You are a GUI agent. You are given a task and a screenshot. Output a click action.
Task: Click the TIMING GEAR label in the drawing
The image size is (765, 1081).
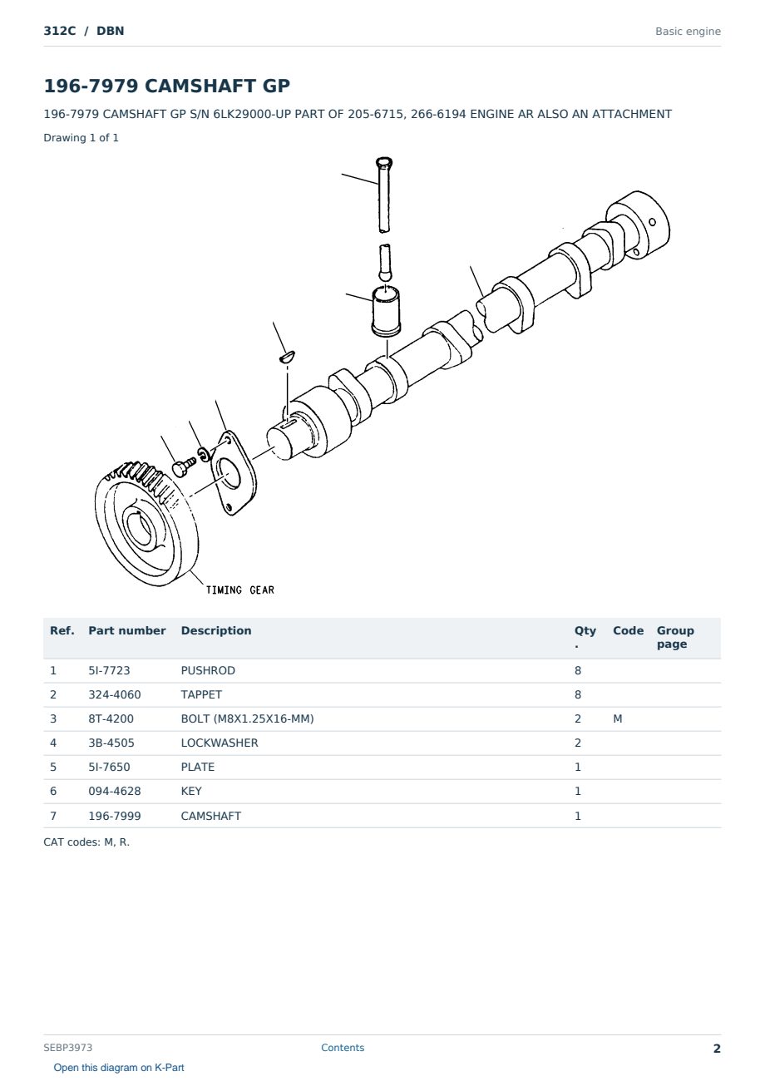click(x=239, y=590)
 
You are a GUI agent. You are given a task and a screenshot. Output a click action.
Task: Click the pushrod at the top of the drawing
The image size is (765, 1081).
click(x=383, y=195)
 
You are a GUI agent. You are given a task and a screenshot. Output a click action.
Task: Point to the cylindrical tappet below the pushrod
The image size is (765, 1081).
click(x=386, y=311)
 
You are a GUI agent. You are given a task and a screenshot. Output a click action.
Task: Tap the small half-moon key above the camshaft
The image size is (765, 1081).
click(x=287, y=357)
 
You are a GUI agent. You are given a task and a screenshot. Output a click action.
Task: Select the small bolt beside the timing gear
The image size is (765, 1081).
click(x=184, y=466)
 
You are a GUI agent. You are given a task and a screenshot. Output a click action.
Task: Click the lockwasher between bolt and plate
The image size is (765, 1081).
click(x=205, y=454)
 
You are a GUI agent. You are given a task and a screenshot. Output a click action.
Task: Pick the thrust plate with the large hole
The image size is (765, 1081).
click(x=234, y=473)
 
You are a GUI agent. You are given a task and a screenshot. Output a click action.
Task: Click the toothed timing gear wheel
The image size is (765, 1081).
click(x=146, y=524)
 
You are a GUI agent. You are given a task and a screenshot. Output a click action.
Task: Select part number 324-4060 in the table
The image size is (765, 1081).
click(x=115, y=694)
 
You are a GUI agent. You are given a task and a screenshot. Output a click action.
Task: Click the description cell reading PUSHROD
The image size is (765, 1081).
click(x=208, y=670)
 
